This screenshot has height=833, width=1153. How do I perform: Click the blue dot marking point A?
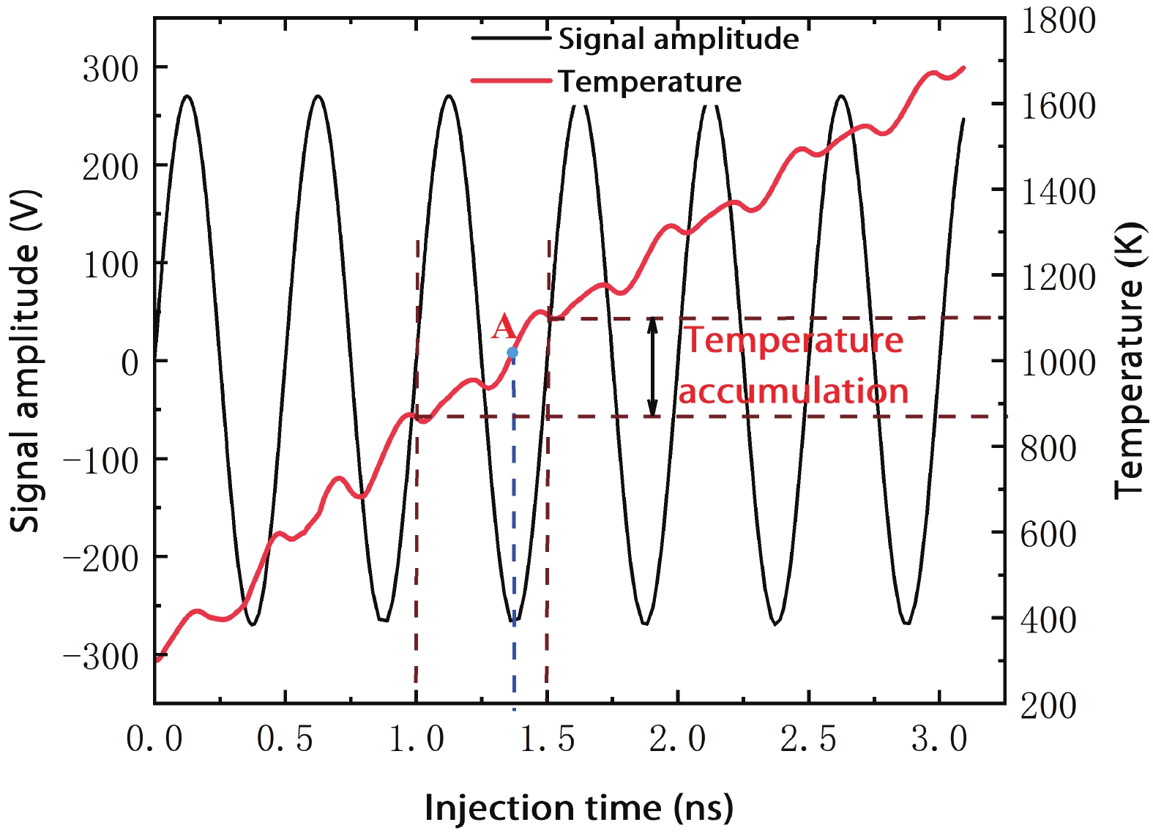(512, 353)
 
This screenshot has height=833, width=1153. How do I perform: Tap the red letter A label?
(504, 327)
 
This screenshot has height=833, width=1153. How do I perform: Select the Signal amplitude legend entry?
(678, 39)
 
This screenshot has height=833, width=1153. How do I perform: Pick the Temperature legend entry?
(649, 81)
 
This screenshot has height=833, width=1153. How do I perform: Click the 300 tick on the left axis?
(111, 70)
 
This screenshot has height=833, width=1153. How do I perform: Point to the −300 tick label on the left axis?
(101, 657)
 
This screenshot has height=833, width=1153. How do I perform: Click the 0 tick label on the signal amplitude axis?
(130, 362)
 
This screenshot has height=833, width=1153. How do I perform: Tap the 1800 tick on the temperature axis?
(1058, 20)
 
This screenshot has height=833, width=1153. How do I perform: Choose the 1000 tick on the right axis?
(1058, 362)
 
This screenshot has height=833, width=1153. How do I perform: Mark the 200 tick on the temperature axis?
(1048, 706)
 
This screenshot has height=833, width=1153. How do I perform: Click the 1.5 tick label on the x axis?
(547, 739)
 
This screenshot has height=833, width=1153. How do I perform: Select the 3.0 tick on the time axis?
(939, 739)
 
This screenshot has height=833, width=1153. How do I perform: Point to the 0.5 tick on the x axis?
(285, 739)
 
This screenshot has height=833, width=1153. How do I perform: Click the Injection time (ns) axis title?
(578, 808)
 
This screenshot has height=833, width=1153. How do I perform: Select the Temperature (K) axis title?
(1128, 361)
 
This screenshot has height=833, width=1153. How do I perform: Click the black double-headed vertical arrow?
(652, 367)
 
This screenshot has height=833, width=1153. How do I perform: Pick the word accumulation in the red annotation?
(794, 391)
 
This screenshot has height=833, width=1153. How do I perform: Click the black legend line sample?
(510, 38)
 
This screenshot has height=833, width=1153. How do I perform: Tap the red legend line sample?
(510, 81)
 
